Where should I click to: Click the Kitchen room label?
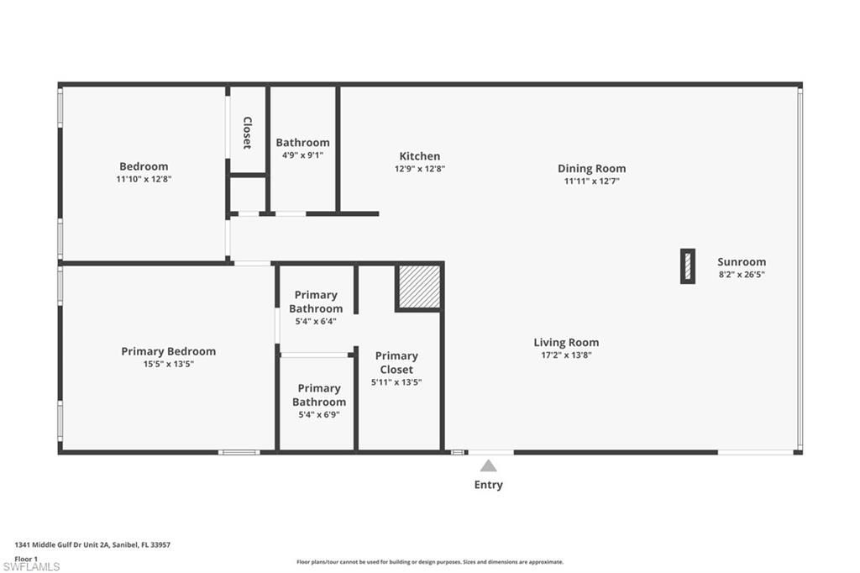419,156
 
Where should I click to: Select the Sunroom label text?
741,261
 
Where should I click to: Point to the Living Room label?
566,342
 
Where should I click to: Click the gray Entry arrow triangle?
488,465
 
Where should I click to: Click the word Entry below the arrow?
488,485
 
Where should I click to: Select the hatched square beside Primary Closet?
418,287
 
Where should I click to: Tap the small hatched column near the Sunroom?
687,266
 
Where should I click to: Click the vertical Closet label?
247,133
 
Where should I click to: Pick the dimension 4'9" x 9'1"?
302,155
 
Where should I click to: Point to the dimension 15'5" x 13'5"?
168,364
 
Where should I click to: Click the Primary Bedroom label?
168,351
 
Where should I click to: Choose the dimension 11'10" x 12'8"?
144,179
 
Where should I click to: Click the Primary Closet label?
396,362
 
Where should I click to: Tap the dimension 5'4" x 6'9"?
319,414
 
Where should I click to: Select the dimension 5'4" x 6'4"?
316,321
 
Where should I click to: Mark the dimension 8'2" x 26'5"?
741,274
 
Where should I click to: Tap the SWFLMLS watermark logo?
31,566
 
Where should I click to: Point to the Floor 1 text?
26,558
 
